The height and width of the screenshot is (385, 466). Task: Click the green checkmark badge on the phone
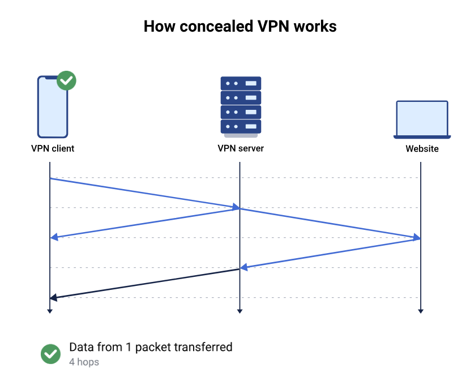point(67,80)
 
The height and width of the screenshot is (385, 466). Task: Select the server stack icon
point(241,106)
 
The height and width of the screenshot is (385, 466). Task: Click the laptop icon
point(422,119)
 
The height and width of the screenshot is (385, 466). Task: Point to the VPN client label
point(53,149)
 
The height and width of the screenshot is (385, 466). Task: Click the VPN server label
point(241,149)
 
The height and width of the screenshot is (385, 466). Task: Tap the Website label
point(422,149)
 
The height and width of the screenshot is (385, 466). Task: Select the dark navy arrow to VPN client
point(144,284)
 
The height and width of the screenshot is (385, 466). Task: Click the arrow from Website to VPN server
point(331,253)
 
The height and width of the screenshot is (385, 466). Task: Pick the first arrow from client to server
point(144,193)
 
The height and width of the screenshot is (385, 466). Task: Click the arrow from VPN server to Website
point(331,223)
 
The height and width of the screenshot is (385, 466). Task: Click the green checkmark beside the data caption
point(51,354)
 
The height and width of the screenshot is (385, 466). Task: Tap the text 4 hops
point(84,362)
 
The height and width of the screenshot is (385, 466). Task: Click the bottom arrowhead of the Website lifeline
point(421,310)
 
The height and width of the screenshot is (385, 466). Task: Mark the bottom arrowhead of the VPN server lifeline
point(240,310)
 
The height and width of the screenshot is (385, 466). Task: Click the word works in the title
point(315,27)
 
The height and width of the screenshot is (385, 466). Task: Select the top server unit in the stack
point(241,83)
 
